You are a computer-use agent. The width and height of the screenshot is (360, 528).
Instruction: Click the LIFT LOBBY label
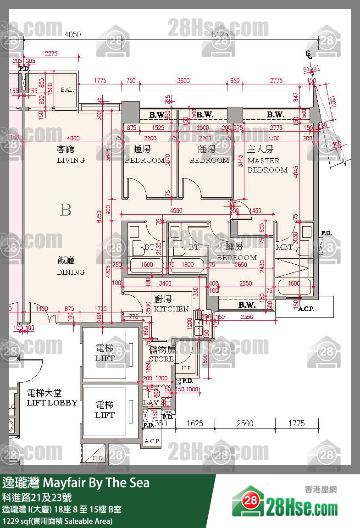52,398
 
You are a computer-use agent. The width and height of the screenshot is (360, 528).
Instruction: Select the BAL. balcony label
67,90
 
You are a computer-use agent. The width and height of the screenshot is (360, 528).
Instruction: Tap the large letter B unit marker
66,210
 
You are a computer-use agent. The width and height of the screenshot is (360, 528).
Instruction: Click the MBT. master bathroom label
284,248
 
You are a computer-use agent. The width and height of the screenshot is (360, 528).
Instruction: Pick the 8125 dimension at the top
220,34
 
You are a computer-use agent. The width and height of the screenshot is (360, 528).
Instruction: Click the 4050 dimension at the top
72,34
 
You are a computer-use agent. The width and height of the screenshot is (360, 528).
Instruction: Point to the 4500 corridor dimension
176,211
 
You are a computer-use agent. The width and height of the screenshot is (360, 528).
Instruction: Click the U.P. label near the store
187,368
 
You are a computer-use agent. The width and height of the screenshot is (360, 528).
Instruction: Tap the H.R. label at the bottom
98,458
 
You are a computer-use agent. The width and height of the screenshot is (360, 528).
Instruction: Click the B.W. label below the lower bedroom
247,305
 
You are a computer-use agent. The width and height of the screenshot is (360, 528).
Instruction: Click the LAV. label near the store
150,403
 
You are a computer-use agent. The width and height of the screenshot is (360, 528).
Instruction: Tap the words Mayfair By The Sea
96,483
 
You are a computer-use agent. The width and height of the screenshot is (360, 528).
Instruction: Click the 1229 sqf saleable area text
57,521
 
